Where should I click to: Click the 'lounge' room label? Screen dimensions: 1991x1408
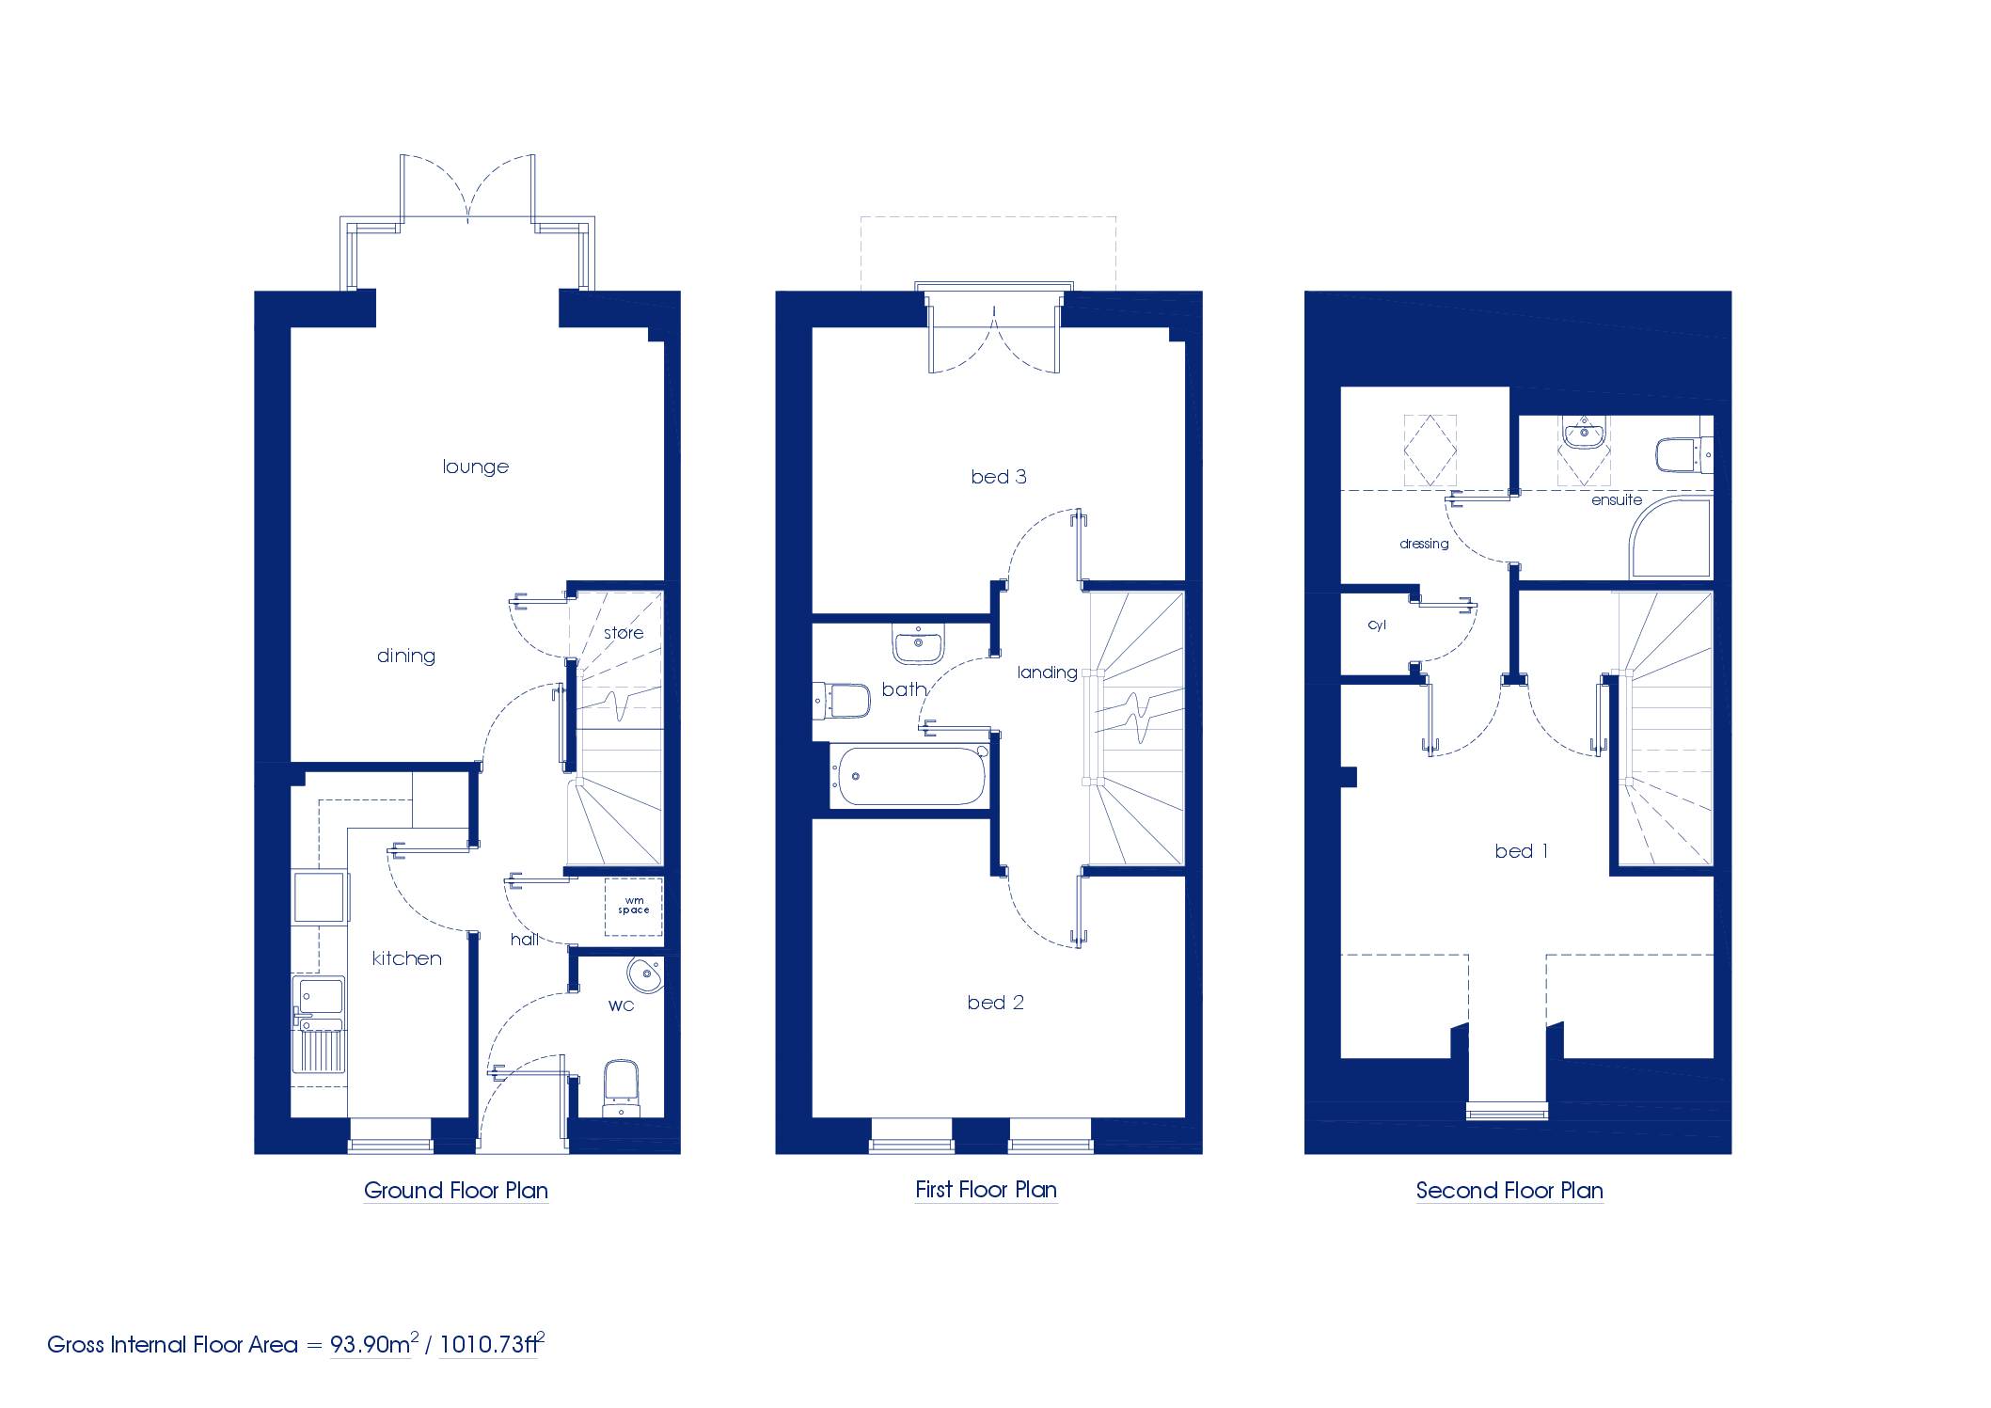pos(476,467)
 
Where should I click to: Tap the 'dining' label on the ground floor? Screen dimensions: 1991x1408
pos(406,657)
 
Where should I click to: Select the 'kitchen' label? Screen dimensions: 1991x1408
pos(407,958)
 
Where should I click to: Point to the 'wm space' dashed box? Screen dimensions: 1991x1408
pos(633,906)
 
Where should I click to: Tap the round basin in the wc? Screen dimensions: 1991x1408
pos(645,975)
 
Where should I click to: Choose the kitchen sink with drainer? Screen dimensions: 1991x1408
pos(319,1025)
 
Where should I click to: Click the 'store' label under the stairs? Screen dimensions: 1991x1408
pos(624,633)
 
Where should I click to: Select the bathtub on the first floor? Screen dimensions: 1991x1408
pos(909,776)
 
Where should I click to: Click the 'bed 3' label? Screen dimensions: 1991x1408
pos(999,477)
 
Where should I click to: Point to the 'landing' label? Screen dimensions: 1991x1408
pos(1047,672)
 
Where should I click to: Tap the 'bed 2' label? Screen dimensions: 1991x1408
pos(996,1003)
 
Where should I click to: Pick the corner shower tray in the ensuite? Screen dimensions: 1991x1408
pos(1670,539)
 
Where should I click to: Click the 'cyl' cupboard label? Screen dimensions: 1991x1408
pos(1377,625)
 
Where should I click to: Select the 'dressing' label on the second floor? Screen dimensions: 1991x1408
pos(1424,544)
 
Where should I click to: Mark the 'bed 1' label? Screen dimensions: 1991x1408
pos(1522,851)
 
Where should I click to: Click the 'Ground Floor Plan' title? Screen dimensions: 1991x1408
pos(456,1191)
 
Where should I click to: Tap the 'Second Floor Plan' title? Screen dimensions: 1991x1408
pos(1509,1191)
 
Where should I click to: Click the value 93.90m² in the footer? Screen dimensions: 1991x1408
pos(373,1343)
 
